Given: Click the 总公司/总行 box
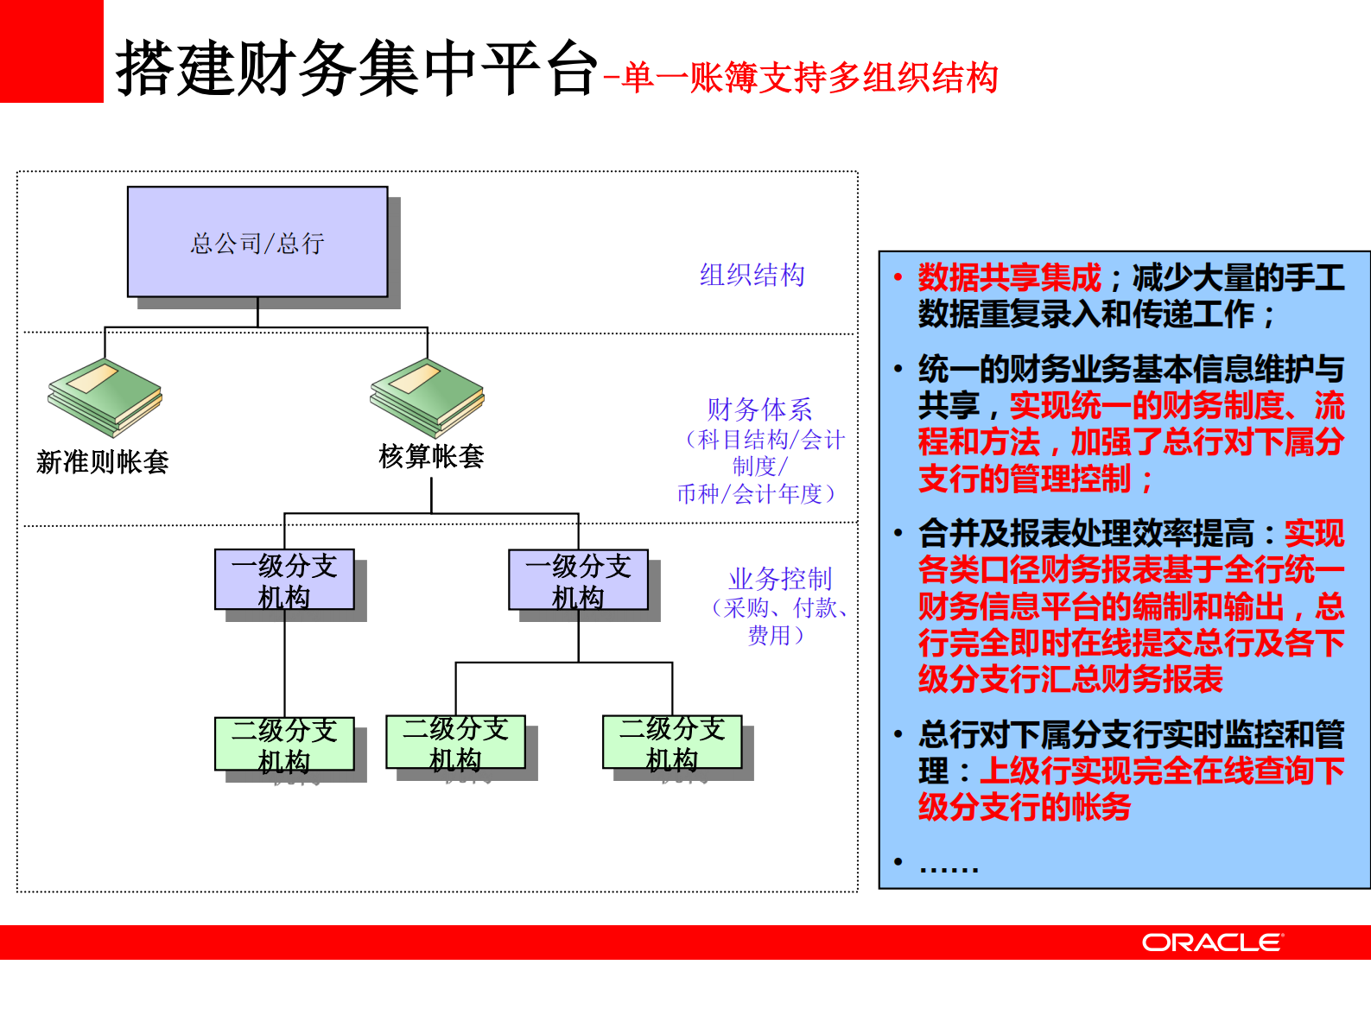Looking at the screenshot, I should [257, 242].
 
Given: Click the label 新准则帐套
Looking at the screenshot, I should [103, 462].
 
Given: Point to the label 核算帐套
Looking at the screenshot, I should [431, 456].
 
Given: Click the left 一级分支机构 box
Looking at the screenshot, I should [284, 580].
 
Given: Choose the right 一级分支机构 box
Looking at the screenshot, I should [578, 580].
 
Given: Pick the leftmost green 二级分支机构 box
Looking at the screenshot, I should [284, 744].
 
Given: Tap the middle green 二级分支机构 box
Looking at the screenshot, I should [455, 742].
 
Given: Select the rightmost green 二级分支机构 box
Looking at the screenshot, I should [672, 742].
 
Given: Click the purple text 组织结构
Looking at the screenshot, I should [752, 275].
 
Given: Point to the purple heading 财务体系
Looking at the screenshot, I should [759, 409].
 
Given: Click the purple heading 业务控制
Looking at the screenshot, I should [780, 578].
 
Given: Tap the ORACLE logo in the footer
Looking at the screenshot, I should [1213, 942].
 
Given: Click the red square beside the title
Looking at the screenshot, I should [51, 51].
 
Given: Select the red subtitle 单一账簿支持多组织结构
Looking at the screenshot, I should [809, 78].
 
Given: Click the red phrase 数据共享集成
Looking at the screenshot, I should [1009, 277].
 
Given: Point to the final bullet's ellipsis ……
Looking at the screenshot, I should [949, 864].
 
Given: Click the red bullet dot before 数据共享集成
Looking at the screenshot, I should [898, 277].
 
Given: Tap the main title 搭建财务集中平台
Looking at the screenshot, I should [357, 67].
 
